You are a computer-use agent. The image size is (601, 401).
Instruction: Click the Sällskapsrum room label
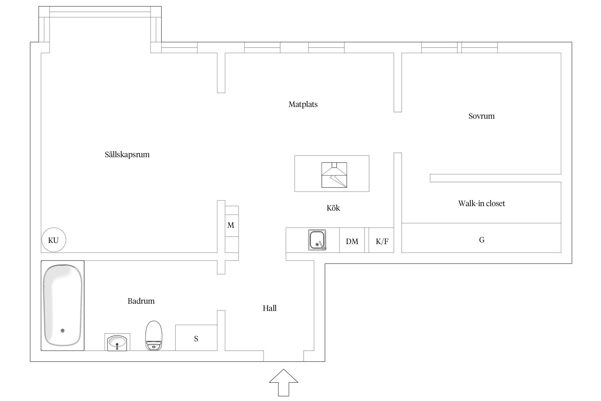point(127,155)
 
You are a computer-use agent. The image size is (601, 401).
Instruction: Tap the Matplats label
point(303,104)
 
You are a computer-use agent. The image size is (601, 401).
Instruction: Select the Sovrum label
point(481,116)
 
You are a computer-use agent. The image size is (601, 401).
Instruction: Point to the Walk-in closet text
point(481,203)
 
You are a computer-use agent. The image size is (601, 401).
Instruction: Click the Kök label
point(333,208)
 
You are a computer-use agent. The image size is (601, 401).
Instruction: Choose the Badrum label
point(141,301)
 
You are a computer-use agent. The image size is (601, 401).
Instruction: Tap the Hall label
point(270,308)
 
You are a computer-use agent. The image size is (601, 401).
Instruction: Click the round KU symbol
point(54,240)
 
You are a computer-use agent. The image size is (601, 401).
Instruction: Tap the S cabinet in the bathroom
point(196,338)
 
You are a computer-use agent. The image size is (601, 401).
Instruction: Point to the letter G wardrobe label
point(481,240)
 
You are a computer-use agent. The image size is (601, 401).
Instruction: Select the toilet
point(154,336)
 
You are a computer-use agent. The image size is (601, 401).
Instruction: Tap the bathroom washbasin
point(117,342)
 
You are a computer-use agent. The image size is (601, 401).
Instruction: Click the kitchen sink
point(317,240)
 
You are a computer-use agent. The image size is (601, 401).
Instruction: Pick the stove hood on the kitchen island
point(334,175)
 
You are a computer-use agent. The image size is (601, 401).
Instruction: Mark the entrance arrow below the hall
point(283,383)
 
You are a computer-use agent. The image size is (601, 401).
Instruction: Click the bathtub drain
point(63,331)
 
